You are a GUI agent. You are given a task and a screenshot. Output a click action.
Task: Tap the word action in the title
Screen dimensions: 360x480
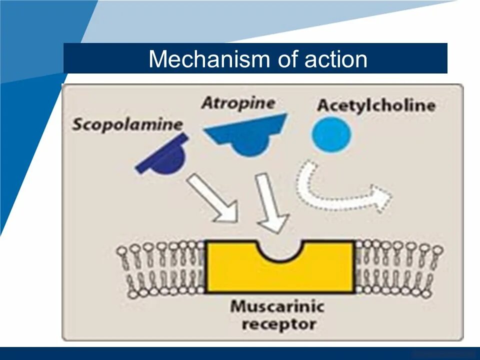[x=335, y=59]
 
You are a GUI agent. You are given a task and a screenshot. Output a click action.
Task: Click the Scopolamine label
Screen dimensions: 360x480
[x=127, y=124]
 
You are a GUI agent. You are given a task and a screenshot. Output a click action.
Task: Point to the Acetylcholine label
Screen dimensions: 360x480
[x=376, y=105]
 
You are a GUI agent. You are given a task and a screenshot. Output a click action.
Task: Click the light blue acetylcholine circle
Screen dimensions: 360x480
[x=331, y=133]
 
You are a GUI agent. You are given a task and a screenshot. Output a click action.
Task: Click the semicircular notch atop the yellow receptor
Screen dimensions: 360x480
[x=279, y=250]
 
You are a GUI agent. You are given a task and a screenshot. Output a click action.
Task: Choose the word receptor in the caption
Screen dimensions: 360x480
[x=279, y=324]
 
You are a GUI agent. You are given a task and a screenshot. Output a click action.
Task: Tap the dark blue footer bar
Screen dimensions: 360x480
[x=240, y=353]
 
